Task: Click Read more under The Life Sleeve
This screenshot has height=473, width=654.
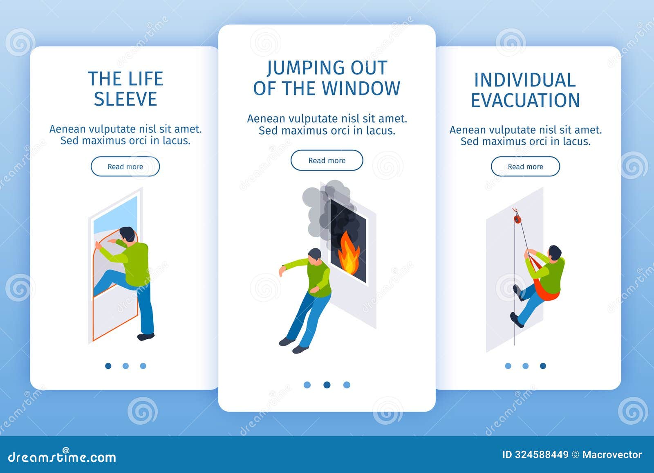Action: (125, 167)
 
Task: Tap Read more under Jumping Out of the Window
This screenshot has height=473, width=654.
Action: (327, 160)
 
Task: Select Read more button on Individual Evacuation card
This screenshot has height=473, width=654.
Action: (525, 167)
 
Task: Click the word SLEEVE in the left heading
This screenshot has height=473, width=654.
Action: (125, 99)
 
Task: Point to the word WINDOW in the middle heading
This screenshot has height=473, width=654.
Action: (358, 89)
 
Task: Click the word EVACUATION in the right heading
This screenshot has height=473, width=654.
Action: (525, 101)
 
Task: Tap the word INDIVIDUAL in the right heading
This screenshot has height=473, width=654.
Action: (525, 80)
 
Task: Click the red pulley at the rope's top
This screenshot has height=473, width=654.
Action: (517, 218)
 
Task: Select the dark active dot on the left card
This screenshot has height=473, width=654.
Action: (108, 366)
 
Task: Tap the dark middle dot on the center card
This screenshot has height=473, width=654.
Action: (327, 385)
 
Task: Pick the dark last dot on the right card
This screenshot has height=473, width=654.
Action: (543, 366)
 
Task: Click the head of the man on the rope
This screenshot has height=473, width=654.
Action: (554, 252)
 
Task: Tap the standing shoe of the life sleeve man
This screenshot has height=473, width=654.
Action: (146, 336)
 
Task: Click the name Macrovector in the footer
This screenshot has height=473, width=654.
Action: (611, 455)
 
